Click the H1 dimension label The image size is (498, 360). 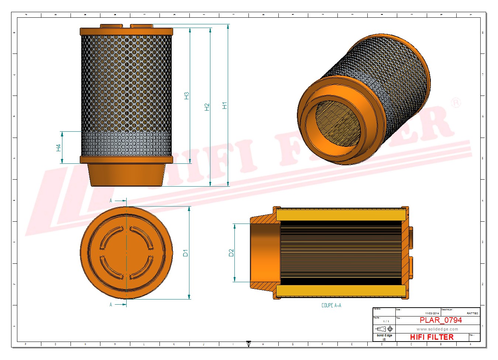click(x=224, y=105)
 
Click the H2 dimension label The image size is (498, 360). click(x=207, y=107)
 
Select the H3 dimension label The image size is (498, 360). click(x=186, y=96)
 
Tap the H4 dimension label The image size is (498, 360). click(x=58, y=148)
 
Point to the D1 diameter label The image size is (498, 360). click(x=185, y=253)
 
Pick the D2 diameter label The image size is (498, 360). click(x=231, y=253)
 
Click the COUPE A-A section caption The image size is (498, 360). click(x=331, y=305)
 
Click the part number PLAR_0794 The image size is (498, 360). click(x=440, y=320)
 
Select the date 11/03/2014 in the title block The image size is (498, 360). click(x=432, y=313)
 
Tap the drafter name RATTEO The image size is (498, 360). click(x=472, y=313)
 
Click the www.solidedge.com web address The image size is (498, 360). click(x=437, y=329)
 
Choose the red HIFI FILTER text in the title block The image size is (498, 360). click(x=432, y=337)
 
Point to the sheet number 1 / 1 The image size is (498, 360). click(x=386, y=321)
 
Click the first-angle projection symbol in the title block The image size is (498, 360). click(x=384, y=329)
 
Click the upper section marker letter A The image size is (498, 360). click(x=111, y=201)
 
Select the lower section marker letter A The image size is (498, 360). click(x=111, y=305)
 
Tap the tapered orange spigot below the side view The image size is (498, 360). click(x=126, y=175)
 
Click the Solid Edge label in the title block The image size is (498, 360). click(x=384, y=335)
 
